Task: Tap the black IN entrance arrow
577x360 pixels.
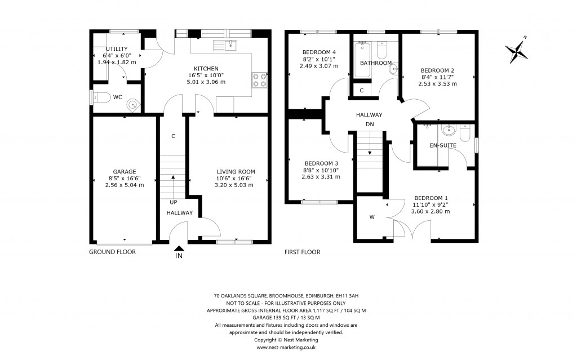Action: [x=179, y=248]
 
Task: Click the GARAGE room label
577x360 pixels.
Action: [x=124, y=172]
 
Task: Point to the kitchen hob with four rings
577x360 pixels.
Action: [x=259, y=80]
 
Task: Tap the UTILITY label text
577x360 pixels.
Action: [x=117, y=49]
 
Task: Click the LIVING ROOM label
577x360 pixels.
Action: [x=236, y=172]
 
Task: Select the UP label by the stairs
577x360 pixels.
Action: [x=174, y=202]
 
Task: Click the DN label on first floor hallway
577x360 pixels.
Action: [x=369, y=124]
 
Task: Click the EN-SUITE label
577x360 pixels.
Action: [x=442, y=145]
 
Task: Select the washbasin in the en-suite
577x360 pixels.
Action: [x=449, y=131]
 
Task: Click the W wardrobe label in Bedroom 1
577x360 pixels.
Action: [x=371, y=216]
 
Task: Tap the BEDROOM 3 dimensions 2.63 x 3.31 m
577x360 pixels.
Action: [x=321, y=176]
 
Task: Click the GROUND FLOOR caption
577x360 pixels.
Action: [x=113, y=252]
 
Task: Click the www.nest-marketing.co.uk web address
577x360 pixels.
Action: [x=286, y=348]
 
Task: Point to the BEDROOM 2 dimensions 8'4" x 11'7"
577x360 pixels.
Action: [x=437, y=77]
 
